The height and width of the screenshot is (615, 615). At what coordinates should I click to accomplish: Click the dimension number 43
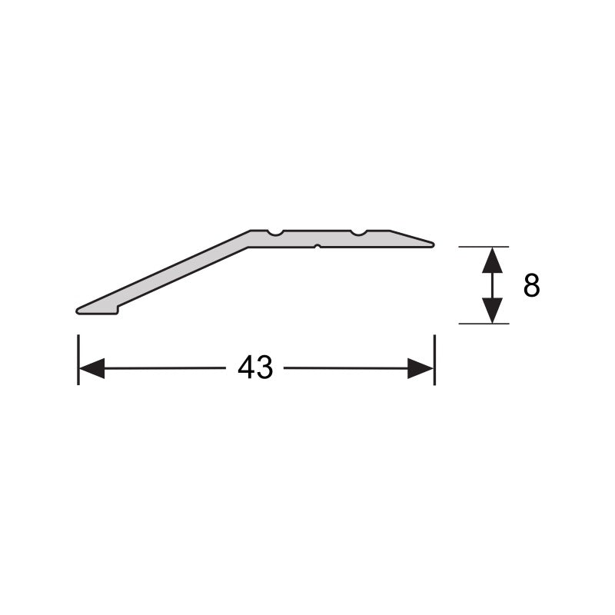coord(255,368)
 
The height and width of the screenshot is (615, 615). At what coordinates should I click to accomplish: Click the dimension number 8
coord(531,286)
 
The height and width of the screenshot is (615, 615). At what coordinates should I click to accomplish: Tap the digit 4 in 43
coord(247,368)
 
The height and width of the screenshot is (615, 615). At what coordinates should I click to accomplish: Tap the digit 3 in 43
coord(264,368)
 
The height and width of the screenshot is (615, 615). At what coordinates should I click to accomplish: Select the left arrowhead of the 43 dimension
coord(91,369)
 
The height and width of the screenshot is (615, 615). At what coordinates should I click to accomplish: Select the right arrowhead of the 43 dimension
coord(421,369)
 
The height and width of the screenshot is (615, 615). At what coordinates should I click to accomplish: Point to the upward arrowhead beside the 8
coord(492,261)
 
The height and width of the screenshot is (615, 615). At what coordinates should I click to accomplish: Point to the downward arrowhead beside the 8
coord(492,310)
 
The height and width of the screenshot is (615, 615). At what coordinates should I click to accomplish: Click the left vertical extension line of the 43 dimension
coord(78,359)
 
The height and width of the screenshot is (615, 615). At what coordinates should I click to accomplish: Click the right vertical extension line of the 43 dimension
coord(434,359)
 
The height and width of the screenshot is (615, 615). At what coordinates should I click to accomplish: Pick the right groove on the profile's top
coord(357,232)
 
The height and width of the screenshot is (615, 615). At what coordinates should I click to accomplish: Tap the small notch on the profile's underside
coord(317,247)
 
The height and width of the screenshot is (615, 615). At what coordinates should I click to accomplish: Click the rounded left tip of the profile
coord(78,310)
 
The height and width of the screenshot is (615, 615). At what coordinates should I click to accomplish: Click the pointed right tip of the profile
coord(432,244)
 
